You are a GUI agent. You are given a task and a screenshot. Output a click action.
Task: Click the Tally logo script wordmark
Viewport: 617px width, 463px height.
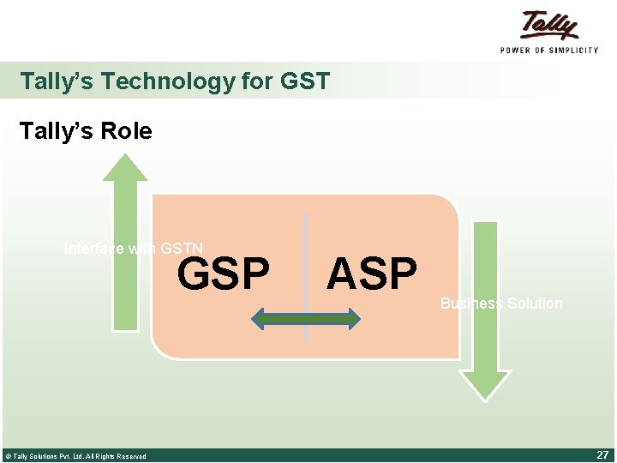548,25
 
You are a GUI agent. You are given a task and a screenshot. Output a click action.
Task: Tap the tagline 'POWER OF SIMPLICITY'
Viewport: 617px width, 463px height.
548,50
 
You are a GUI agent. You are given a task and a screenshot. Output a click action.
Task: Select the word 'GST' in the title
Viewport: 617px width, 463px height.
304,81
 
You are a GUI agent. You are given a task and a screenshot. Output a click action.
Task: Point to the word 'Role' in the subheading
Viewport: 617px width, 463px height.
126,131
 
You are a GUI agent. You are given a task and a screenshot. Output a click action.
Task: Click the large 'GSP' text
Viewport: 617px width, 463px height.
223,274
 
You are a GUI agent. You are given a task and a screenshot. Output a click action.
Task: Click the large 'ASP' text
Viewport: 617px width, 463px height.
371,274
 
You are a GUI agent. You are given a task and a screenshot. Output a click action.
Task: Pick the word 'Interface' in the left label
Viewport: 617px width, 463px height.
93,250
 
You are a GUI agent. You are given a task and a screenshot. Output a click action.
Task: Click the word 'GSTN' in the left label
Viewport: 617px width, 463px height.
182,250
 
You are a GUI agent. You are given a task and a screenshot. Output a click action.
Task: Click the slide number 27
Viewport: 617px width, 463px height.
602,455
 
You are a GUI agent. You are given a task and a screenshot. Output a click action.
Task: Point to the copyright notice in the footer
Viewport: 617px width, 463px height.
75,456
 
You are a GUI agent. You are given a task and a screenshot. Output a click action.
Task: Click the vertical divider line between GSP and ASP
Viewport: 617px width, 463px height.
306,257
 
